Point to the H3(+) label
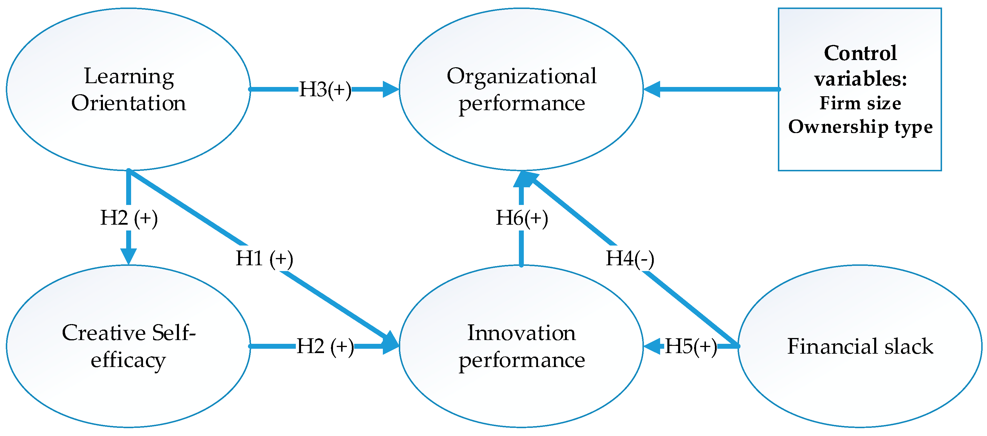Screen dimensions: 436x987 [325, 89]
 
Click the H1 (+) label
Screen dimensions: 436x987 [265, 258]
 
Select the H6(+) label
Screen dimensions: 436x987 [521, 218]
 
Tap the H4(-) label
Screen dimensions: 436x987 [629, 258]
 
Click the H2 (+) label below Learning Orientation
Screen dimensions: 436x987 [129, 218]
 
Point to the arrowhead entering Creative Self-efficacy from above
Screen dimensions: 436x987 [128, 256]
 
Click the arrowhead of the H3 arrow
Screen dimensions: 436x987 [391, 89]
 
